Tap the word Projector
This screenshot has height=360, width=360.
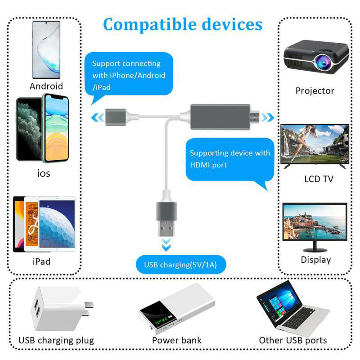(315, 90)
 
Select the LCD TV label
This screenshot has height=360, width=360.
(318, 179)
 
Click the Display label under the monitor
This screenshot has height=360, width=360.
(315, 260)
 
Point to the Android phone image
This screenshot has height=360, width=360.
(46, 50)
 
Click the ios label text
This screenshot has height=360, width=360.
(44, 173)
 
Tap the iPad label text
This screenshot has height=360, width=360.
(41, 261)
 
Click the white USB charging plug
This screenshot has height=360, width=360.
(54, 310)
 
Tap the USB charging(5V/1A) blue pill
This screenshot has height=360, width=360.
(180, 265)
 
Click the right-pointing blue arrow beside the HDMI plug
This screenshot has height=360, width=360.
(268, 118)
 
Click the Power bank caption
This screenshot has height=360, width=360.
(176, 340)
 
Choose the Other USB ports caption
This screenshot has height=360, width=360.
(292, 340)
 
